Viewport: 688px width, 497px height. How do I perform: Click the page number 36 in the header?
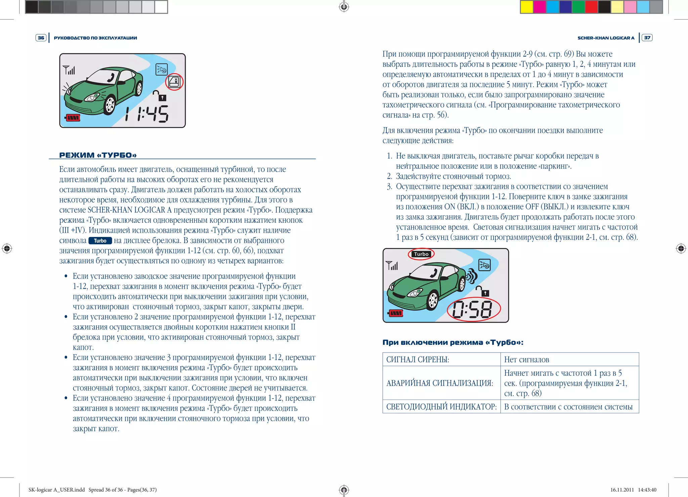click(41, 38)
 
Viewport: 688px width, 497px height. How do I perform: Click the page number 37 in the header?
click(647, 38)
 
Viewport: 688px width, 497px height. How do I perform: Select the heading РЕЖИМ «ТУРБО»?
click(98, 155)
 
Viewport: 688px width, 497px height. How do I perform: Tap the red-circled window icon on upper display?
click(174, 82)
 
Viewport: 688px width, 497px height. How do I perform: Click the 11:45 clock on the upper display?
click(147, 114)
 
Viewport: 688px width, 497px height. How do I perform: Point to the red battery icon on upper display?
click(73, 118)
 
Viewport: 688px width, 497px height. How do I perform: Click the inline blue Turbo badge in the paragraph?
click(100, 241)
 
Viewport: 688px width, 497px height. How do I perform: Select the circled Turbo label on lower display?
click(421, 254)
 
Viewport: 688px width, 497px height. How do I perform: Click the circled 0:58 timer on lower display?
click(473, 309)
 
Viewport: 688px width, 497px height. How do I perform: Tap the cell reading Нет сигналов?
click(526, 360)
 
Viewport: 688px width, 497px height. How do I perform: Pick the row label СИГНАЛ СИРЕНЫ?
click(418, 360)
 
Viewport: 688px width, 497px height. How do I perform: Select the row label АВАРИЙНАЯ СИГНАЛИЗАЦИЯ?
click(439, 383)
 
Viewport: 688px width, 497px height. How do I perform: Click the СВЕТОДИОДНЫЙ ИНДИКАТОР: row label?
click(441, 407)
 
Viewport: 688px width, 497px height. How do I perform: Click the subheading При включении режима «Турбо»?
click(453, 342)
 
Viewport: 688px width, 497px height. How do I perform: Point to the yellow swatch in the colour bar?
click(526, 7)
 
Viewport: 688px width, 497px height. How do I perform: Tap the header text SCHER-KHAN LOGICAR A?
click(606, 38)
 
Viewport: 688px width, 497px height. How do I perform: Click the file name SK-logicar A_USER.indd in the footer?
click(56, 490)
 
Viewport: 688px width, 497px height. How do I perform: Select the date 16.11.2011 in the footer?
click(622, 490)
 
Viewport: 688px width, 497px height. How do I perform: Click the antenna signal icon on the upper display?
click(69, 70)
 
